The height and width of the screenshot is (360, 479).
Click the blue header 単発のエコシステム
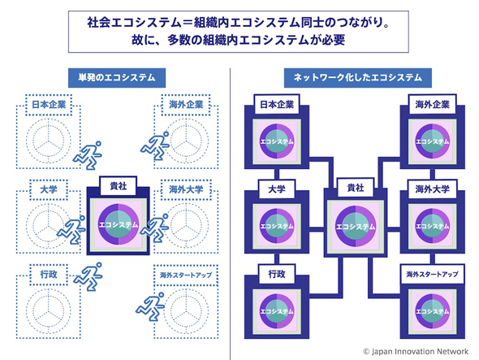pos(117,78)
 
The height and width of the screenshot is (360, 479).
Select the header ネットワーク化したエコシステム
pos(358,78)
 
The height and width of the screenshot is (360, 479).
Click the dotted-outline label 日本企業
pos(49,105)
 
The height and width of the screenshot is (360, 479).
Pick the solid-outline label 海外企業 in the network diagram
pos(432,105)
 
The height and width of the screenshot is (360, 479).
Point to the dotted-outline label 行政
pos(49,275)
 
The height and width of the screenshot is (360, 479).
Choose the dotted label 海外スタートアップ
pos(186,275)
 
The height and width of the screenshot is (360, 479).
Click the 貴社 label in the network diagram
pos(356,188)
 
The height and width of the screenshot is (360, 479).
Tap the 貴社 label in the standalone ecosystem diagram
pos(119,185)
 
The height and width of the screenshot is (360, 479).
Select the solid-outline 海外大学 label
pos(432,189)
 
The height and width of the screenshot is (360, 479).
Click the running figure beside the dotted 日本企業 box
pos(88,155)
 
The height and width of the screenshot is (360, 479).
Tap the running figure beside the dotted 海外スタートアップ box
pos(150,306)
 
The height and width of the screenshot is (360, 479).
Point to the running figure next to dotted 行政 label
pos(88,277)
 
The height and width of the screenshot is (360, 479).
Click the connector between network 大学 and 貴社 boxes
pos(317,229)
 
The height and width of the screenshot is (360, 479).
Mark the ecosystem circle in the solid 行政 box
pos(277,311)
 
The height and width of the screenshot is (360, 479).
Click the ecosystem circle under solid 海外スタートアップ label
pos(432,311)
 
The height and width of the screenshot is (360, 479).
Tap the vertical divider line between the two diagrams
pos(230,214)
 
